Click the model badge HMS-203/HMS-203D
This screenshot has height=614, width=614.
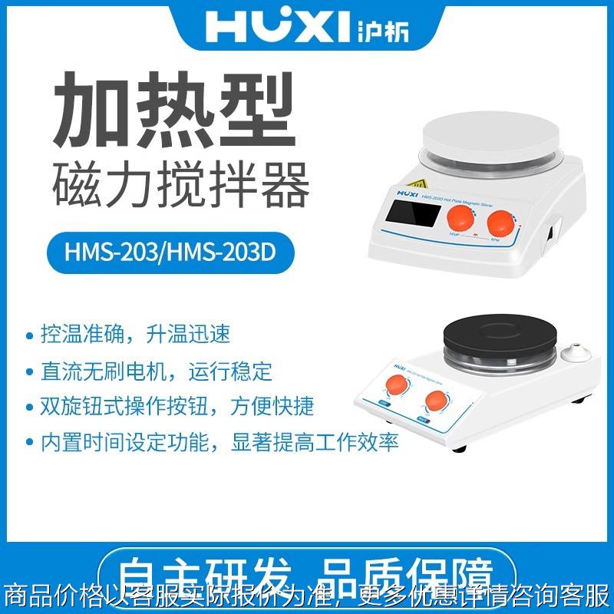point(181,251)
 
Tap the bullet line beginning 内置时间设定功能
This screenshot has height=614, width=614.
point(211,443)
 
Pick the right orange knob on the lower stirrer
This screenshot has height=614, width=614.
point(437,401)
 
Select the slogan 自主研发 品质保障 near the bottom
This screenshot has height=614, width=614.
point(307,573)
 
